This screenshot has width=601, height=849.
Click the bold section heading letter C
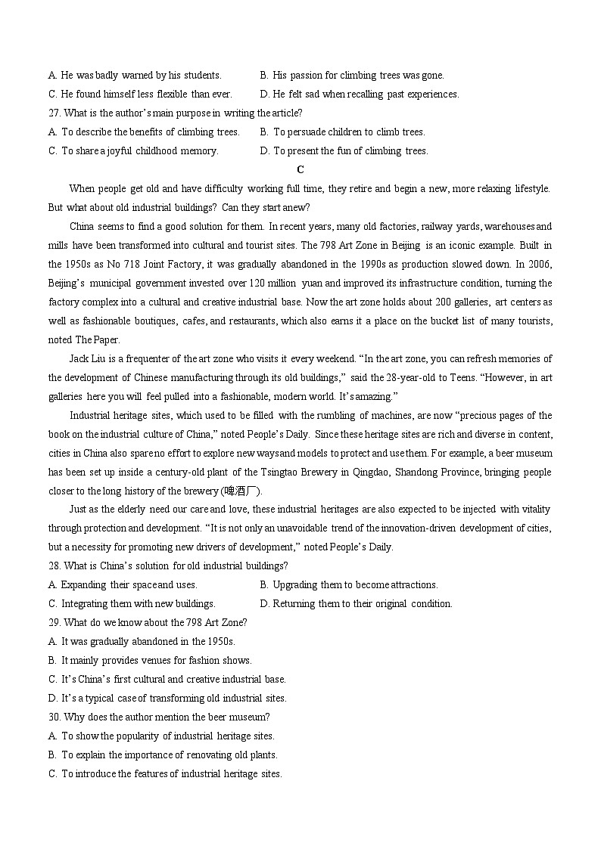pyautogui.click(x=300, y=169)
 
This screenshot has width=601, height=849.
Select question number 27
pyautogui.click(x=54, y=113)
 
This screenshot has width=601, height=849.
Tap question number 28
pyautogui.click(x=54, y=565)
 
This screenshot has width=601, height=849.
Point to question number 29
pyautogui.click(x=54, y=622)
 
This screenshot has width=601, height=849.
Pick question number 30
pyautogui.click(x=54, y=717)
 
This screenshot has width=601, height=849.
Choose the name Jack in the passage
pyautogui.click(x=79, y=358)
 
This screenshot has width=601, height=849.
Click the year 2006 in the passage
pyautogui.click(x=540, y=264)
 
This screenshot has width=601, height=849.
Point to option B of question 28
pyautogui.click(x=348, y=584)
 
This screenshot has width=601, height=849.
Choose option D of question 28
pyautogui.click(x=355, y=603)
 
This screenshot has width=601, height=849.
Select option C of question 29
pyautogui.click(x=167, y=679)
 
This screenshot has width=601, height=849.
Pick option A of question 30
pyautogui.click(x=160, y=736)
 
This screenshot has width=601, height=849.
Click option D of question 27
pyautogui.click(x=344, y=150)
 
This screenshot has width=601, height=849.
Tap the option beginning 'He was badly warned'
pyautogui.click(x=135, y=75)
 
